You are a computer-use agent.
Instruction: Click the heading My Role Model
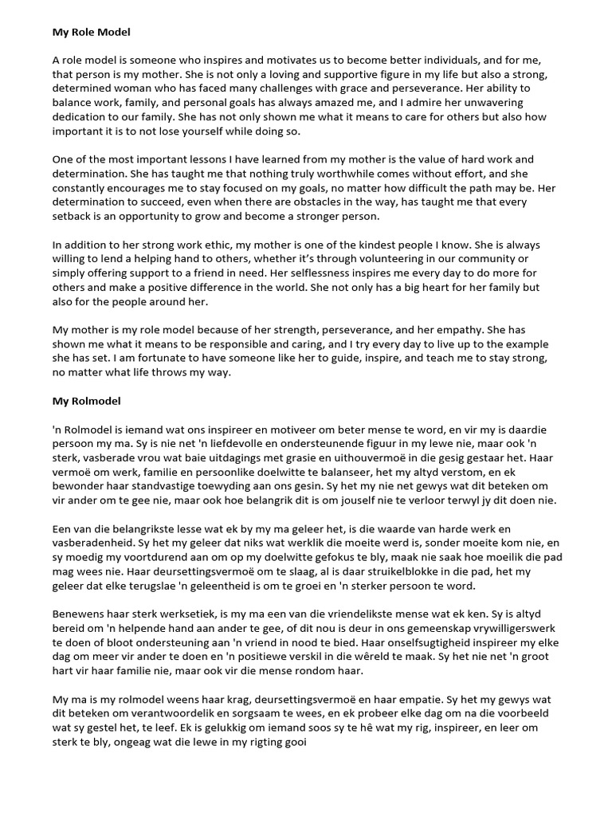tap(91, 33)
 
